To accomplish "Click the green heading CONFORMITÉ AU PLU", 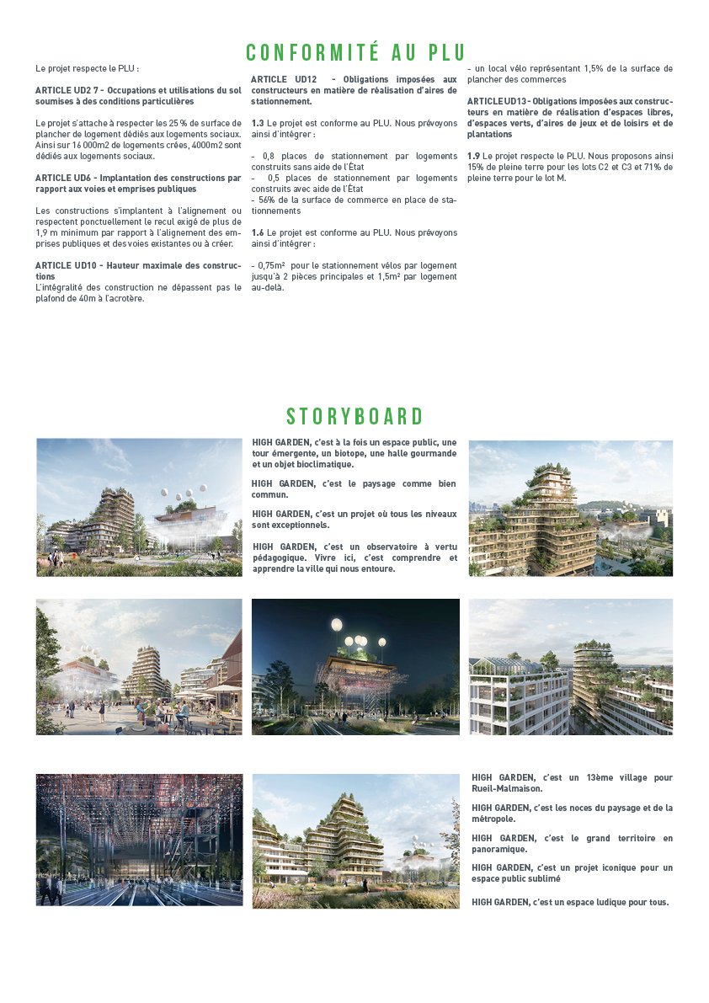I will [354, 52].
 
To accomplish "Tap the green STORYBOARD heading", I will [354, 417].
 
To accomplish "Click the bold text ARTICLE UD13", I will [498, 102].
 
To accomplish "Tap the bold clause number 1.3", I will [258, 123].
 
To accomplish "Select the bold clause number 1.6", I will [258, 232].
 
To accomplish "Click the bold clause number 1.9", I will [473, 156].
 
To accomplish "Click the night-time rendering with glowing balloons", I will [355, 666].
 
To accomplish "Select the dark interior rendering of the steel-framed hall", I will [139, 840].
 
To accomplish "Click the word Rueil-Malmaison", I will [507, 789].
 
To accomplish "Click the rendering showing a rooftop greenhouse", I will [570, 666].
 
